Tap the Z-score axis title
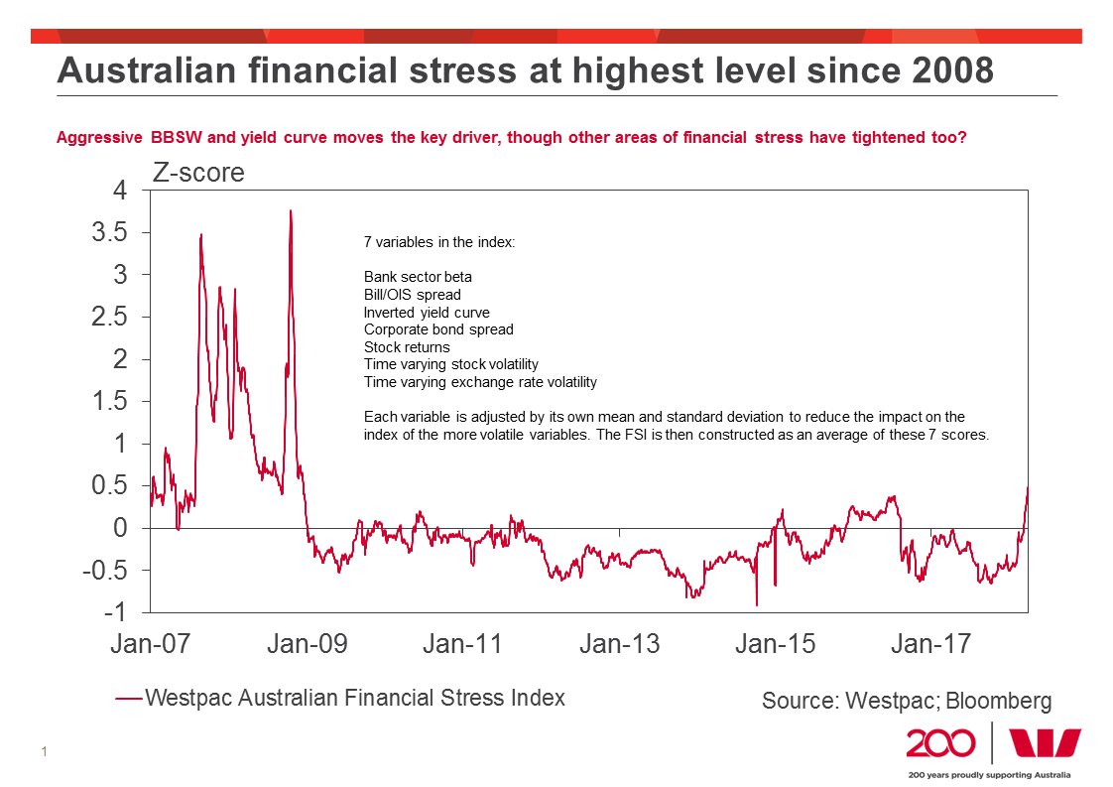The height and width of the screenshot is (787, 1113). click(197, 173)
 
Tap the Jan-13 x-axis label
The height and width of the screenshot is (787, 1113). click(618, 644)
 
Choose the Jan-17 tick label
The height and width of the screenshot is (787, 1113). click(930, 644)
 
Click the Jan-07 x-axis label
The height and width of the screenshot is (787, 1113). click(150, 644)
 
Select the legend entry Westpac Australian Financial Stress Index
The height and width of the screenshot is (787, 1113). click(354, 698)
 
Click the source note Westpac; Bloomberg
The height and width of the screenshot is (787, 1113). click(906, 701)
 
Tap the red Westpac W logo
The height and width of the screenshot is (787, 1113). click(1044, 743)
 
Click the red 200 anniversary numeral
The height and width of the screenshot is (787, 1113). click(939, 743)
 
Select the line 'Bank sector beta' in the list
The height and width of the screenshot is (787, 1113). click(418, 277)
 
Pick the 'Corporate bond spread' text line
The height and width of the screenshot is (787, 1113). click(438, 329)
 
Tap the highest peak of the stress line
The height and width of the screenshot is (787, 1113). click(291, 210)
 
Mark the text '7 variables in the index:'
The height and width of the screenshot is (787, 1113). click(439, 242)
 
